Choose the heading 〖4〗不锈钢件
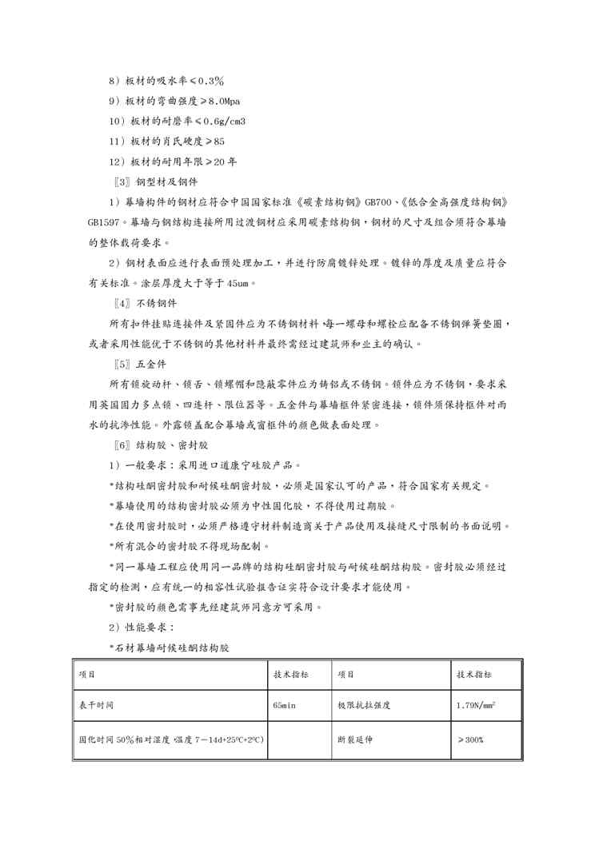tap(143, 304)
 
